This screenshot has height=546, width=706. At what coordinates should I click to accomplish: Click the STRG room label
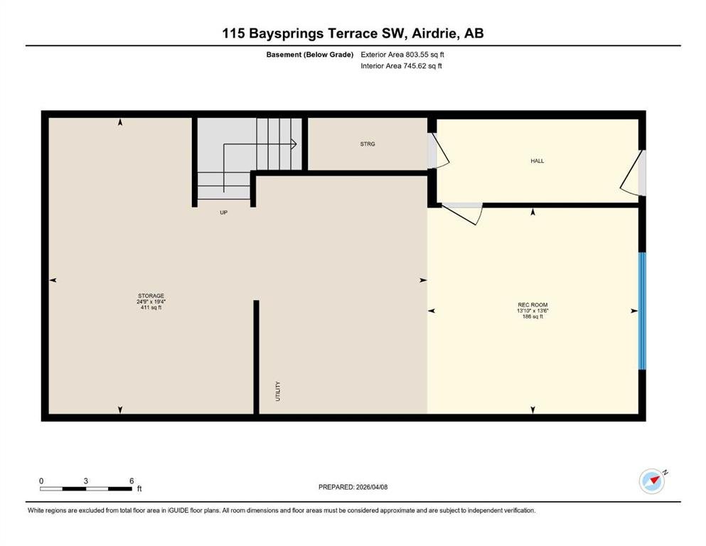click(x=368, y=144)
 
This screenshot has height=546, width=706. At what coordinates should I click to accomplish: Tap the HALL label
click(x=537, y=161)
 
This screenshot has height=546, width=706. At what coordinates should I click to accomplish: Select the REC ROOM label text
click(x=533, y=305)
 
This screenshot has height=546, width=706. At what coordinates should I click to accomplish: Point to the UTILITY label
click(x=278, y=391)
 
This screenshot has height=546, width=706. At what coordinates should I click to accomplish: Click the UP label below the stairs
click(x=224, y=213)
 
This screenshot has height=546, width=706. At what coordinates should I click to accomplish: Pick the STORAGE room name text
click(x=151, y=296)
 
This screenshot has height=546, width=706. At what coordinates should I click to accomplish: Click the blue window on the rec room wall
click(x=643, y=311)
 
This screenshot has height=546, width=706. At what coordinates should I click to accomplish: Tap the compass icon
click(x=652, y=481)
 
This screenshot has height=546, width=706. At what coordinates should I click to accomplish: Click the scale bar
click(x=86, y=489)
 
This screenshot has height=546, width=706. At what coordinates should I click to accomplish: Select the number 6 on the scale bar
click(x=132, y=481)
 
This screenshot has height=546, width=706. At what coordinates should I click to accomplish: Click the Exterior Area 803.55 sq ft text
click(x=402, y=55)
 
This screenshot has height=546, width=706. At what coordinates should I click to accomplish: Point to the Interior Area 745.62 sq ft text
click(x=401, y=65)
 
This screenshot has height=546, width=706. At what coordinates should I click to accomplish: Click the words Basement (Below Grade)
click(x=310, y=55)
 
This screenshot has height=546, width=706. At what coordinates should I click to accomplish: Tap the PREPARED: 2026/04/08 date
click(x=353, y=487)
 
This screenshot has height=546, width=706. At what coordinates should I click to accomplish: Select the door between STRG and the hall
click(x=438, y=151)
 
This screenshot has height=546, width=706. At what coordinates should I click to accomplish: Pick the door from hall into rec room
click(x=462, y=213)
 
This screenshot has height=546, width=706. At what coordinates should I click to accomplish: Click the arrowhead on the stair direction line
click(x=294, y=144)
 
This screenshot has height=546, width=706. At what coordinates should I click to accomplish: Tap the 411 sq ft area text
click(x=151, y=307)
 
